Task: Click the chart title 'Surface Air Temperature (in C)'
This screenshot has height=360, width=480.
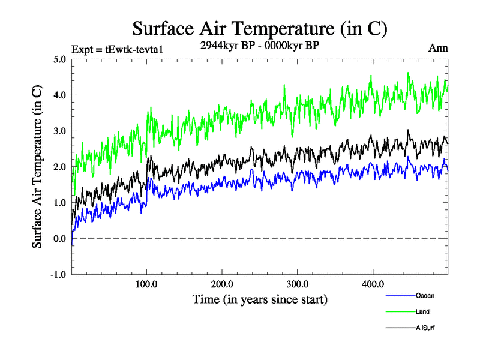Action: click(259, 28)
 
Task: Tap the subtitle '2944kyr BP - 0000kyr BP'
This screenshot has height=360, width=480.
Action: click(260, 45)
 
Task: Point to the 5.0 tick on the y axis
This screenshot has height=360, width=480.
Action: click(59, 59)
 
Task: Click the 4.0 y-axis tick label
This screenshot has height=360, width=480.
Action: click(59, 95)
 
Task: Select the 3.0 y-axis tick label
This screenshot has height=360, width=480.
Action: click(59, 131)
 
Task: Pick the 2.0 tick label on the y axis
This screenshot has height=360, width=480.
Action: click(59, 167)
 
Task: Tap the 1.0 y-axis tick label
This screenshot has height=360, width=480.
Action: click(59, 203)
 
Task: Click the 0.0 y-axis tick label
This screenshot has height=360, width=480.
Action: click(59, 239)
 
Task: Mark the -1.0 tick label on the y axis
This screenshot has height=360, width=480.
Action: click(58, 275)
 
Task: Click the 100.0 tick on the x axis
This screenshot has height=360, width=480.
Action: click(147, 284)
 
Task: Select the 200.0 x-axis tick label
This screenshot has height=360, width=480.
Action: click(223, 284)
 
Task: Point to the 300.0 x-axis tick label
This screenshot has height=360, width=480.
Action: click(298, 284)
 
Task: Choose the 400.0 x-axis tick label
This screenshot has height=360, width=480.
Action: click(373, 284)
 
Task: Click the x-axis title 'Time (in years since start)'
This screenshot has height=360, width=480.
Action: click(260, 299)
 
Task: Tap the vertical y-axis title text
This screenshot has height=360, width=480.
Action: click(37, 167)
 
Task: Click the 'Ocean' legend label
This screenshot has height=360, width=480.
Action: click(424, 295)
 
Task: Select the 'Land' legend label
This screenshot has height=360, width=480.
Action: click(422, 311)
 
